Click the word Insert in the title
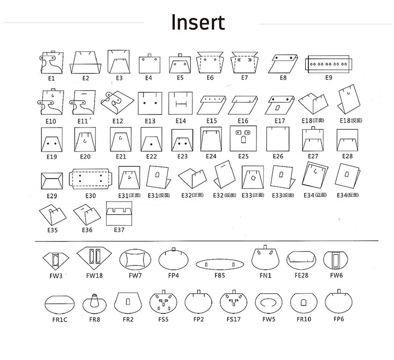[198, 23]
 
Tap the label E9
[329, 78]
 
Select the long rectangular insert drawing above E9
[329, 63]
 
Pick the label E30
[90, 195]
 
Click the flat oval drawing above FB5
[219, 263]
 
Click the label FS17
[233, 319]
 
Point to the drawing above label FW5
[268, 303]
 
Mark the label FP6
[338, 319]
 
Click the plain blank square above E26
[278, 139]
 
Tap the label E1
[51, 78]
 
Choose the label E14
[181, 121]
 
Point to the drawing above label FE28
[302, 259]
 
